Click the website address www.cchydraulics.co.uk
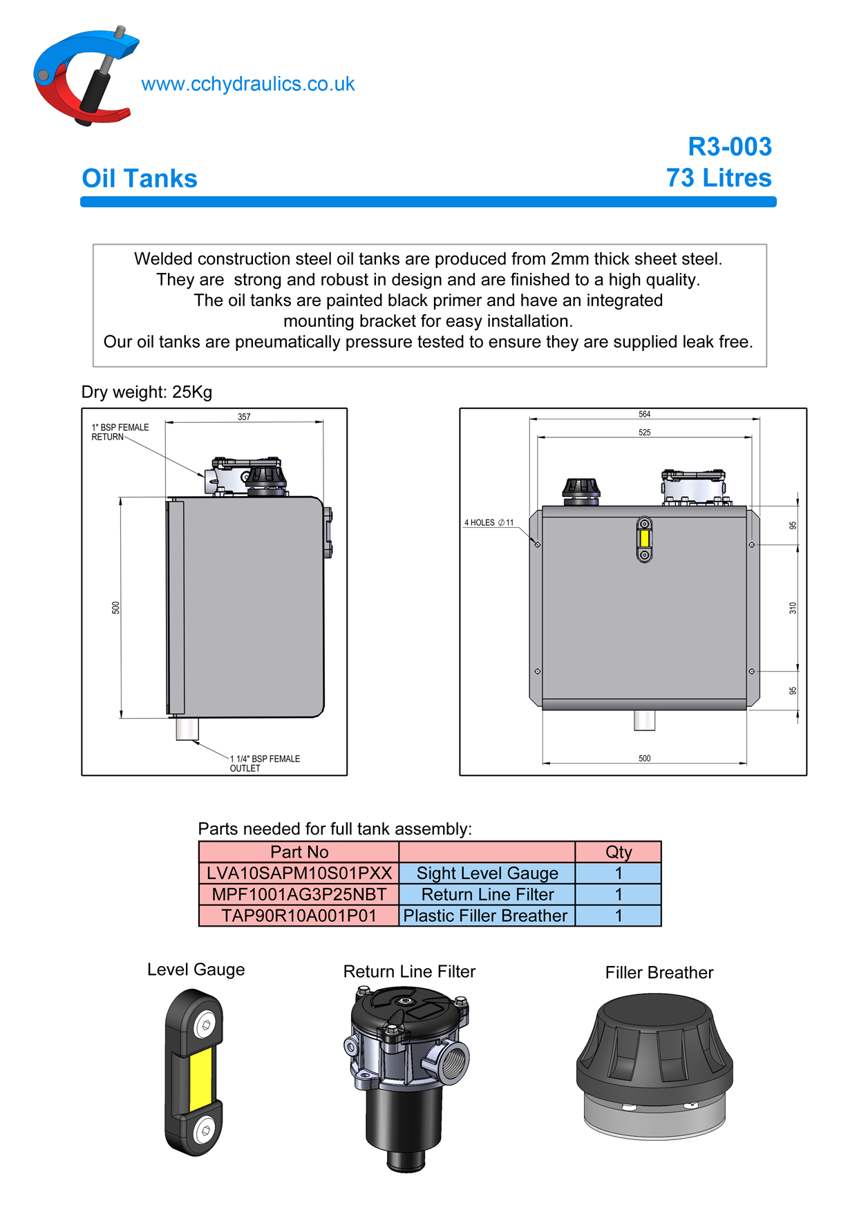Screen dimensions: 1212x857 click(247, 84)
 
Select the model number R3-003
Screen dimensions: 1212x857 click(729, 146)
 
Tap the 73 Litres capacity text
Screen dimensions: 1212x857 click(719, 178)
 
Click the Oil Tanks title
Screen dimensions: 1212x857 click(140, 179)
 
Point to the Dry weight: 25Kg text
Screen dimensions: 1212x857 click(147, 392)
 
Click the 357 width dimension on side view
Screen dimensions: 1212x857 click(244, 417)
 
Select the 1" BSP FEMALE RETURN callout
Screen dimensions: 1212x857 click(120, 432)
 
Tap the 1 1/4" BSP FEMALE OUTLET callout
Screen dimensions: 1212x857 click(265, 764)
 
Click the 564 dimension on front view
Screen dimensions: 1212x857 click(644, 414)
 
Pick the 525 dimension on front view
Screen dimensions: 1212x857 click(644, 432)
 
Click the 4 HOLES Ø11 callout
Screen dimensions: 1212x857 click(489, 522)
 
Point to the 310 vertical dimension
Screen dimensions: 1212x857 click(793, 608)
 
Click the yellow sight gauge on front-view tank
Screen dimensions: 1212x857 click(644, 538)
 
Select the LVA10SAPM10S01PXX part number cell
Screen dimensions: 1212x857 click(299, 873)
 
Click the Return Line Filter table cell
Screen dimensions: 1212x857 click(487, 895)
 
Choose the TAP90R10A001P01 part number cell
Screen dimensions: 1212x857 click(299, 916)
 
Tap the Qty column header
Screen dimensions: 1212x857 click(618, 852)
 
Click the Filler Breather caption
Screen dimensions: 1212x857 click(659, 973)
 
